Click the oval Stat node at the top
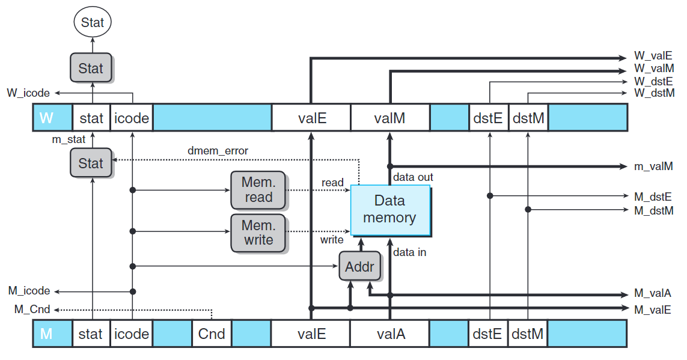point(93,23)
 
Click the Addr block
point(359,266)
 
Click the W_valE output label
point(653,58)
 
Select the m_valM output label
point(653,166)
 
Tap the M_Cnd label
point(32,310)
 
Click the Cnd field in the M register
point(212,334)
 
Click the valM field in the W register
point(389,118)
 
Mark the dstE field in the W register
point(488,118)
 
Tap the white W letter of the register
point(46,118)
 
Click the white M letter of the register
point(46,334)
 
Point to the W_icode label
point(28,93)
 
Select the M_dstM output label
point(654,210)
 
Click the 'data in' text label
point(409,252)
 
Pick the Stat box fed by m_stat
point(91,163)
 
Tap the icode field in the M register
point(132,334)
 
